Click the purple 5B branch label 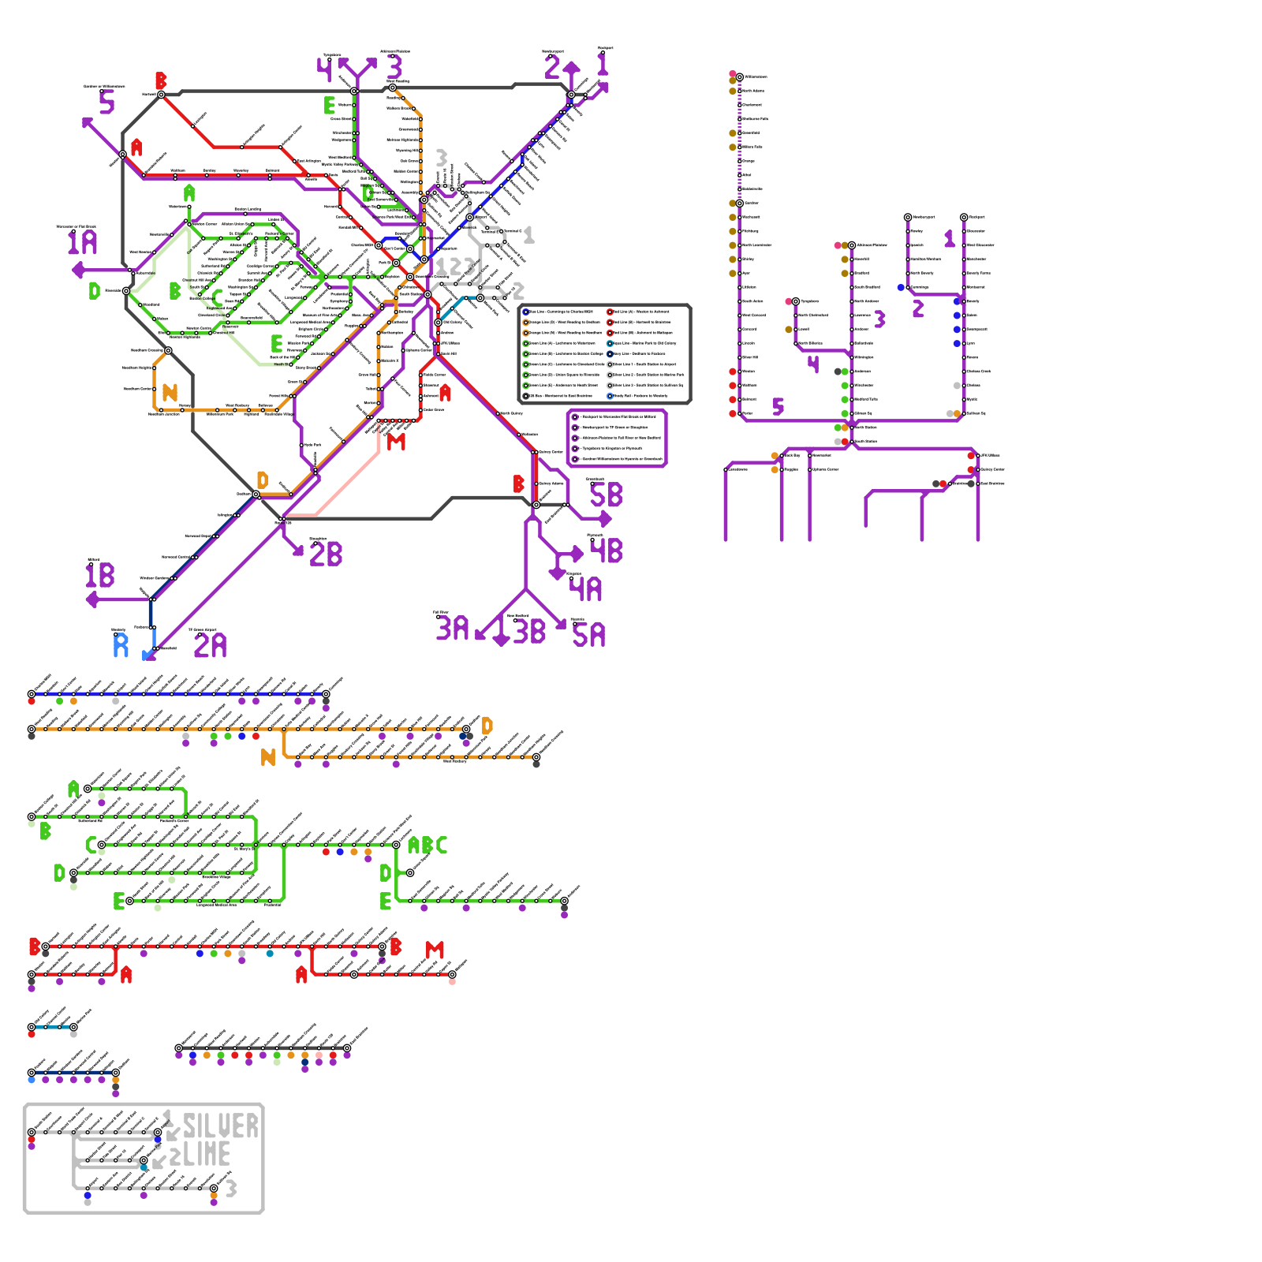click(606, 495)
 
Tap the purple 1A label click(82, 242)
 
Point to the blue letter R click(121, 646)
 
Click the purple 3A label click(453, 629)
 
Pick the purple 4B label click(606, 551)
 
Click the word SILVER click(220, 1126)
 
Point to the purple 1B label click(100, 576)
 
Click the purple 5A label click(588, 635)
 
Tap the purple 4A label click(585, 589)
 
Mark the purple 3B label click(529, 632)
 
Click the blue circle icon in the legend click(526, 312)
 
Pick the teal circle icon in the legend click(610, 343)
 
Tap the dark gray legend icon click(526, 396)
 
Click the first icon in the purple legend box click(576, 416)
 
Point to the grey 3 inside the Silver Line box click(230, 1189)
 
